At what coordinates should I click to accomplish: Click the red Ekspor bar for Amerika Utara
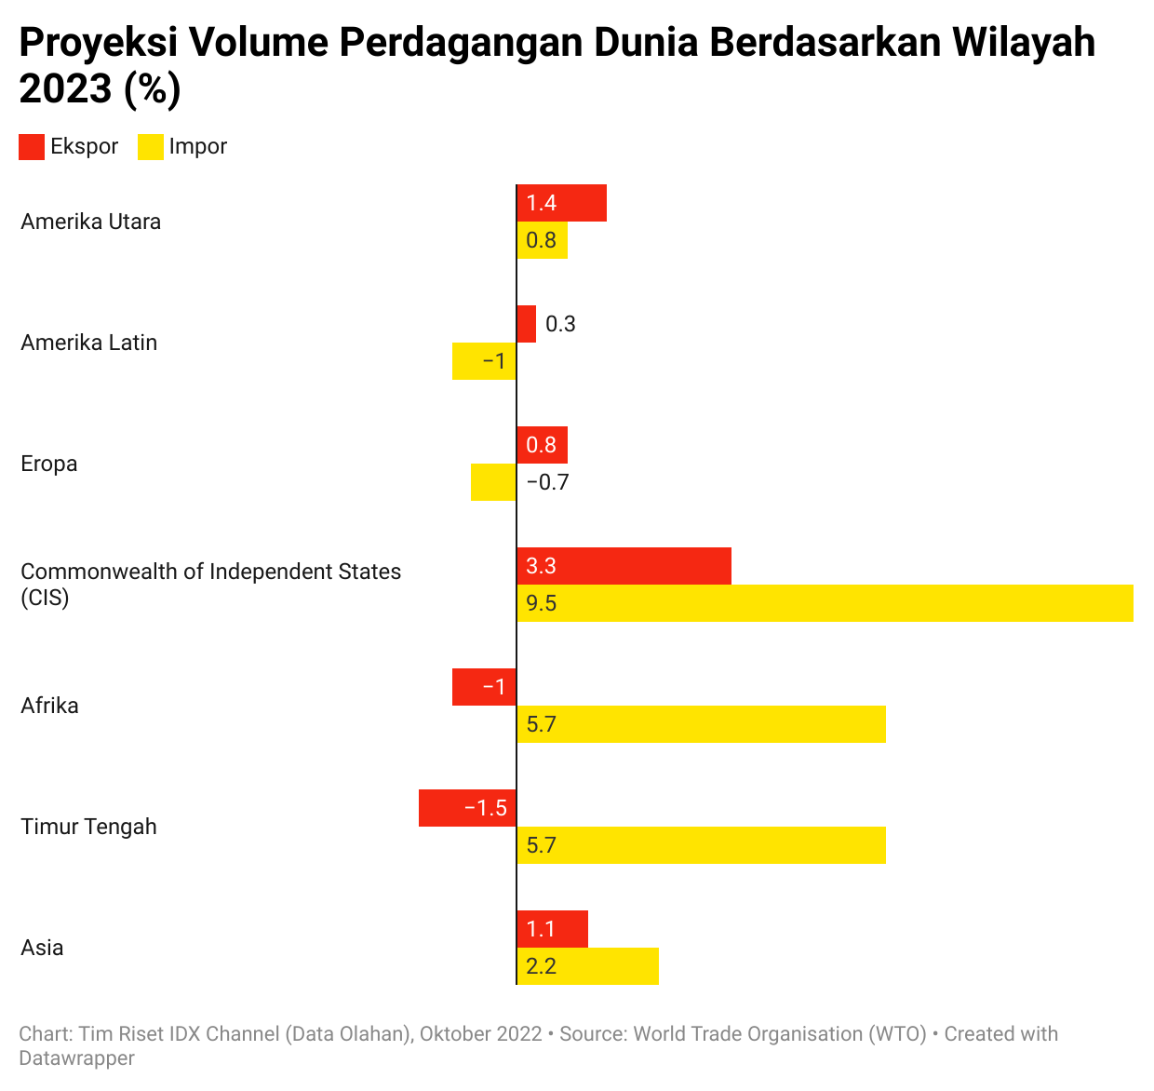pyautogui.click(x=561, y=203)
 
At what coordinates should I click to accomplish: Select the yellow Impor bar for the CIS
pyautogui.click(x=825, y=603)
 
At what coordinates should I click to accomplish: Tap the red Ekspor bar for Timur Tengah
pyautogui.click(x=467, y=808)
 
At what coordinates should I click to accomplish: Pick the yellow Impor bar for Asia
pyautogui.click(x=587, y=966)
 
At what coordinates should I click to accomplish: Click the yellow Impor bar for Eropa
pyautogui.click(x=493, y=482)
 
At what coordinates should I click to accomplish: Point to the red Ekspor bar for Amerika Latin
pyautogui.click(x=526, y=324)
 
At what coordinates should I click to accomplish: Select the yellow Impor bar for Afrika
pyautogui.click(x=701, y=724)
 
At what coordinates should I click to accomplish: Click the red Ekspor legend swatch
pyautogui.click(x=32, y=147)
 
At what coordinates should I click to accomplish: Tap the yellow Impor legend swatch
pyautogui.click(x=150, y=147)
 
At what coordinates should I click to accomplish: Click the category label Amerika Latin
pyautogui.click(x=89, y=343)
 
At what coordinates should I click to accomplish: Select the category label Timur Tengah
pyautogui.click(x=88, y=827)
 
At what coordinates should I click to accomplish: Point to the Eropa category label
pyautogui.click(x=49, y=464)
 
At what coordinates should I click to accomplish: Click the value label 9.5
pyautogui.click(x=541, y=603)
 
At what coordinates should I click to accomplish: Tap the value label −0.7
pyautogui.click(x=547, y=482)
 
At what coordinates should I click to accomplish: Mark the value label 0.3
pyautogui.click(x=560, y=324)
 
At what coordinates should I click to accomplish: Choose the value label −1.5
pyautogui.click(x=485, y=808)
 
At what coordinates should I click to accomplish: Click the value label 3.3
pyautogui.click(x=541, y=566)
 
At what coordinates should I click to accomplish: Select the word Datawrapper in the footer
pyautogui.click(x=77, y=1058)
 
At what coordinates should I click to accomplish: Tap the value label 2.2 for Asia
pyautogui.click(x=541, y=966)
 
